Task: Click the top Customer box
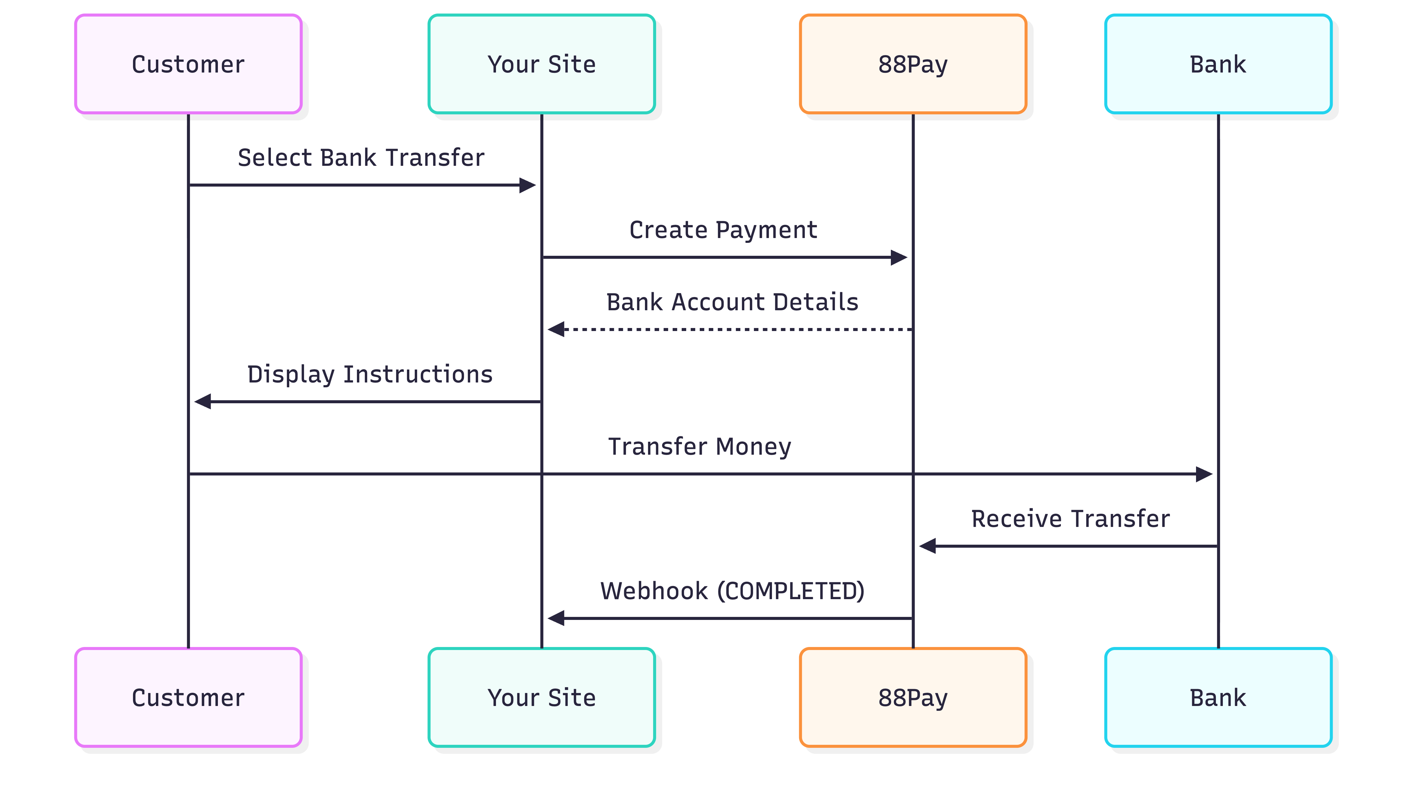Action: tap(188, 64)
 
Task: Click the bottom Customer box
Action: tap(188, 698)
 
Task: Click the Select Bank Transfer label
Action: tap(361, 158)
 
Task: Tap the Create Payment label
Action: tap(723, 230)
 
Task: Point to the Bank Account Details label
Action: tap(732, 302)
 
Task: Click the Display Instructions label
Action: tap(370, 374)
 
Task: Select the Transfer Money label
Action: tap(699, 446)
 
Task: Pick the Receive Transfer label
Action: tap(1070, 518)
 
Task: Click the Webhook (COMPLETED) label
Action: tap(732, 590)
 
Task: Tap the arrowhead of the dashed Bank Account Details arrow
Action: tap(556, 330)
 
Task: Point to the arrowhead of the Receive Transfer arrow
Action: tap(928, 546)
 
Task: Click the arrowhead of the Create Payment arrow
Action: tap(899, 258)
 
